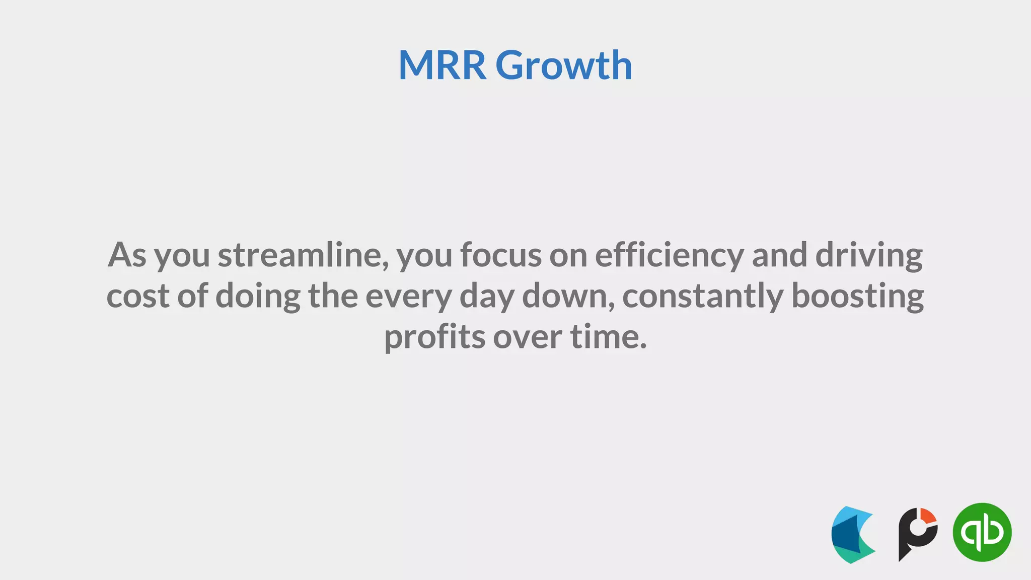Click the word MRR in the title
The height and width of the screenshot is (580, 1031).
click(442, 65)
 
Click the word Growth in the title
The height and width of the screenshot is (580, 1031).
click(564, 65)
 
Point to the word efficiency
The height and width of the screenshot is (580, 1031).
click(669, 256)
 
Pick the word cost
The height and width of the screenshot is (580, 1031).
click(137, 296)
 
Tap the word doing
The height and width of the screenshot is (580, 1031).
click(258, 297)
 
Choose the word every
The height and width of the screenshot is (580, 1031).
click(408, 297)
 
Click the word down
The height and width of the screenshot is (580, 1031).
click(569, 296)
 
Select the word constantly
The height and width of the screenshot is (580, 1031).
click(703, 297)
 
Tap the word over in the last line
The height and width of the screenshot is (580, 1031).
click(527, 337)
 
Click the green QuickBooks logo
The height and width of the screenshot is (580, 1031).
click(982, 532)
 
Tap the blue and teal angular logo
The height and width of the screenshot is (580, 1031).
click(852, 535)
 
